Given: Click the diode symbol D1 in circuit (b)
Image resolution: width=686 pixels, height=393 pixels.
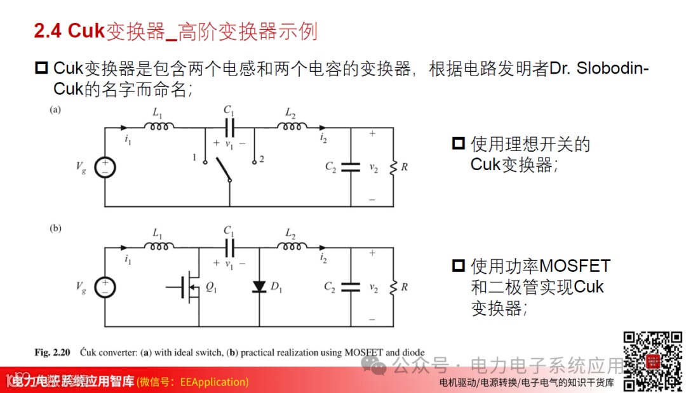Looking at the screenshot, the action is tap(259, 287).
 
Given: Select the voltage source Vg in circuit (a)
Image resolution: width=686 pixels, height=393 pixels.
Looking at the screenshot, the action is tap(105, 167).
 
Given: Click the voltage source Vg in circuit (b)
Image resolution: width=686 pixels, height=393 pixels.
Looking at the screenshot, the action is tap(105, 287).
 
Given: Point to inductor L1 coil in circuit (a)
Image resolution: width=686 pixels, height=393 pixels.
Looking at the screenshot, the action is tap(159, 127).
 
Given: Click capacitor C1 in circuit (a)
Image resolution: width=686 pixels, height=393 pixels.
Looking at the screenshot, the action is tap(229, 128).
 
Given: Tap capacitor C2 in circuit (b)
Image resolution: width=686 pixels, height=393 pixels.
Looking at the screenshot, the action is tap(350, 287).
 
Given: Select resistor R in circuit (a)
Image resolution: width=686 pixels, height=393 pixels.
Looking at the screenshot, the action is tap(393, 167).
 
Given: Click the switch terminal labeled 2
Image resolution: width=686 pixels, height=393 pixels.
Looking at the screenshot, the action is tap(254, 162).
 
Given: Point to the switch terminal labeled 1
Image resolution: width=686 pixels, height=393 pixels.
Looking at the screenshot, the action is tap(205, 162).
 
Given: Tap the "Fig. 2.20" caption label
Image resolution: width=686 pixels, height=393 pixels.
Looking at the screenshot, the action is tap(52, 352).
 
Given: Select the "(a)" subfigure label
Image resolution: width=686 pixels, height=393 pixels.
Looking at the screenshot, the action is tap(56, 109).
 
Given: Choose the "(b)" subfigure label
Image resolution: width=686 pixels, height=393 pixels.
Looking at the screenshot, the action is tap(56, 229).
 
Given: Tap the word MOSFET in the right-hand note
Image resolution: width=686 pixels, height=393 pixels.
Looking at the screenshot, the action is tap(574, 265).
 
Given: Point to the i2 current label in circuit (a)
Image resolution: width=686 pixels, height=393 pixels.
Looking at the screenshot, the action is tap(323, 137).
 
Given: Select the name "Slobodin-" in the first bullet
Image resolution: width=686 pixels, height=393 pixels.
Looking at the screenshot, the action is tap(612, 69).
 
